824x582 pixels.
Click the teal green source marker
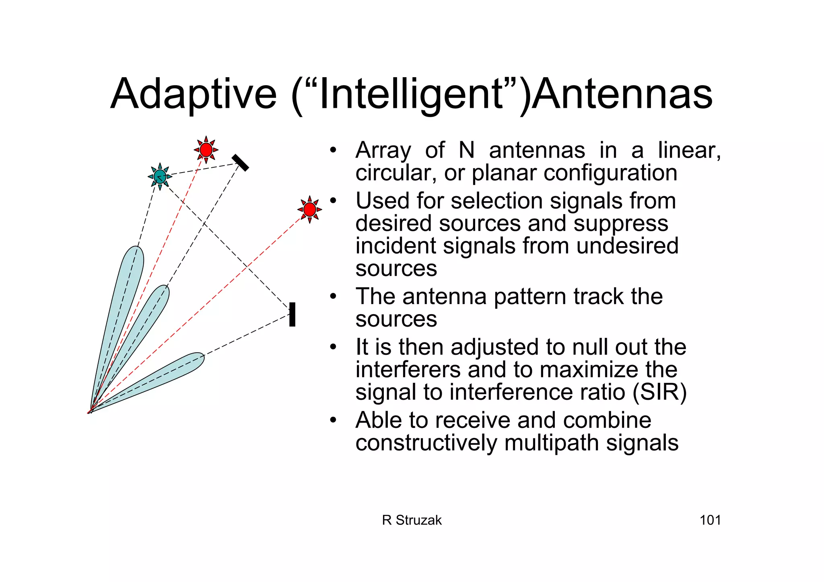tap(160, 177)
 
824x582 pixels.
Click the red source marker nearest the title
tap(206, 150)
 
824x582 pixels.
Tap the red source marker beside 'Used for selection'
tap(309, 210)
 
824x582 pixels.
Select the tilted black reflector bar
tap(241, 162)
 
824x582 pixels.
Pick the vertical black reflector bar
tap(293, 315)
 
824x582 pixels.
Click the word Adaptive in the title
tap(194, 95)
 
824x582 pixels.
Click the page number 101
tap(710, 520)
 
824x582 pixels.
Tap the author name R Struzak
tap(412, 520)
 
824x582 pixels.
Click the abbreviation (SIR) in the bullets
tap(660, 392)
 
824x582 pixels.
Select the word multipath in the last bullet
tap(552, 443)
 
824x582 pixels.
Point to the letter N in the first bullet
tap(467, 150)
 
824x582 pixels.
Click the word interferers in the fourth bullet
tap(408, 370)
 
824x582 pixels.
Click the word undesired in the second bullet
tap(627, 246)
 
